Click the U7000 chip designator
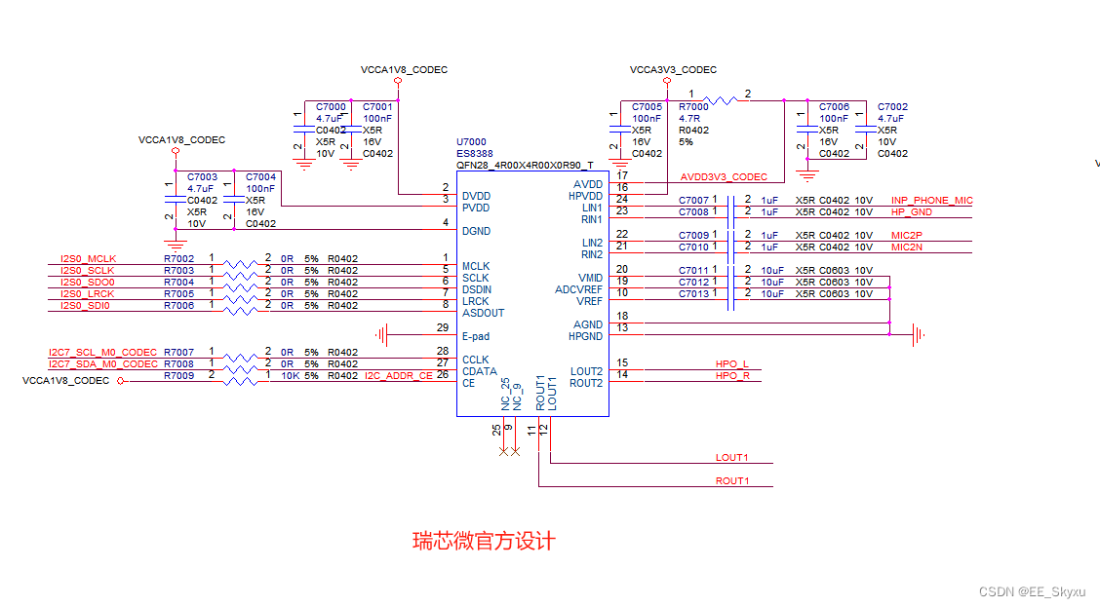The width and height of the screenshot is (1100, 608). pos(471,142)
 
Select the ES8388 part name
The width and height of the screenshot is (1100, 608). pos(475,154)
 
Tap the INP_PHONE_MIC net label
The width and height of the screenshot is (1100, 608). pos(931,201)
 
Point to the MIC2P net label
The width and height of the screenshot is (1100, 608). pos(906,236)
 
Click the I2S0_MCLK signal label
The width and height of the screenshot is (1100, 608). pos(88,259)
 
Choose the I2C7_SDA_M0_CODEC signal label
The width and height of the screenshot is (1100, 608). pos(103,364)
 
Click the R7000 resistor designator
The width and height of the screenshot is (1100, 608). pos(693,107)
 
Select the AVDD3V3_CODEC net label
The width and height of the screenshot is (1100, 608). pos(724,177)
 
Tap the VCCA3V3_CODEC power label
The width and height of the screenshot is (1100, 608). pos(673,70)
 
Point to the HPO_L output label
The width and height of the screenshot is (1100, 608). pos(731,364)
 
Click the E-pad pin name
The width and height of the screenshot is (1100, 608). pos(476,336)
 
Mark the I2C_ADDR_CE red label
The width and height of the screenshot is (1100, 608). pos(398,376)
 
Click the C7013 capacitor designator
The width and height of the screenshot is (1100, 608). pos(693,294)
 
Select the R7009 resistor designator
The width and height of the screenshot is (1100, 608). pos(178,376)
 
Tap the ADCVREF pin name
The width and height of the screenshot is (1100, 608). pos(578,290)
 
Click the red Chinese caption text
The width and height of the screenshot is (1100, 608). pos(484,541)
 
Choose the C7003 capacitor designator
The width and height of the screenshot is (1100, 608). pos(202,177)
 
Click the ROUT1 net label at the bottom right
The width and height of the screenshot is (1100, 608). pos(732,481)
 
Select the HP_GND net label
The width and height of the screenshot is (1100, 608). pos(911,212)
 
